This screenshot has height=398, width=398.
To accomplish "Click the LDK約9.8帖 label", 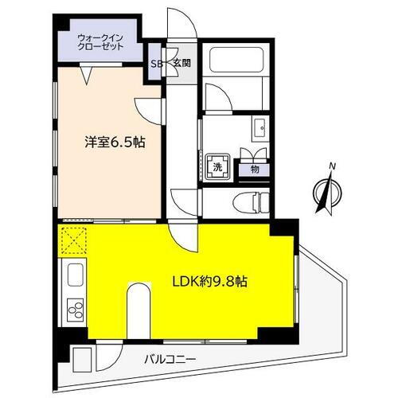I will coord(208,283).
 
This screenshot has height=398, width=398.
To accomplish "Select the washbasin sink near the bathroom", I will coord(260,127).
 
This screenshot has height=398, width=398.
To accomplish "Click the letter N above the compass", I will coord(334,166).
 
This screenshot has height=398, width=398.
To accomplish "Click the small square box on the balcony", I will coord(81,357).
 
